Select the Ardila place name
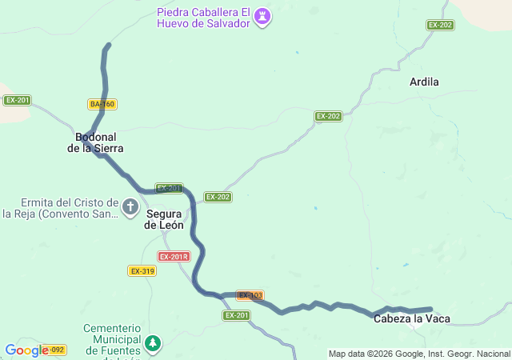[x=424, y=82]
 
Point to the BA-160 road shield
[x=102, y=104]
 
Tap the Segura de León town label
[x=164, y=219]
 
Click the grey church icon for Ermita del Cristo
[x=130, y=209]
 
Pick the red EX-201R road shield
[x=174, y=256]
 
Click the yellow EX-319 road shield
[x=142, y=271]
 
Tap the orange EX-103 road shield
[x=250, y=295]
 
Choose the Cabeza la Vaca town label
[x=411, y=319]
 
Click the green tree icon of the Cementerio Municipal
[x=152, y=344]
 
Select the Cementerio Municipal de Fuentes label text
[x=112, y=340]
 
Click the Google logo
[x=26, y=350]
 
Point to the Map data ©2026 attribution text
[x=419, y=354]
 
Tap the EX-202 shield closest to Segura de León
[x=218, y=197]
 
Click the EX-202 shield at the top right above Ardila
[x=440, y=25]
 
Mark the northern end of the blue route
[x=108, y=46]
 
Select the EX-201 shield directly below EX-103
[x=236, y=315]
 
